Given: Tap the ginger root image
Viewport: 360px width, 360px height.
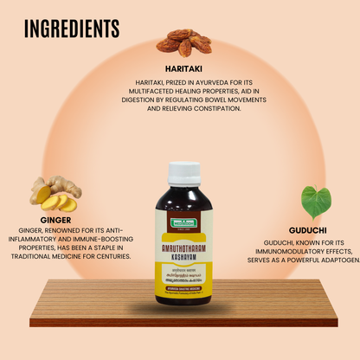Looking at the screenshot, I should point(55,194).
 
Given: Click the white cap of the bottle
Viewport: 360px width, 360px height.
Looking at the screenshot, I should point(183,170).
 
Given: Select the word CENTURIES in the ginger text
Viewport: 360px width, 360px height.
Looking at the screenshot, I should point(111,256).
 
